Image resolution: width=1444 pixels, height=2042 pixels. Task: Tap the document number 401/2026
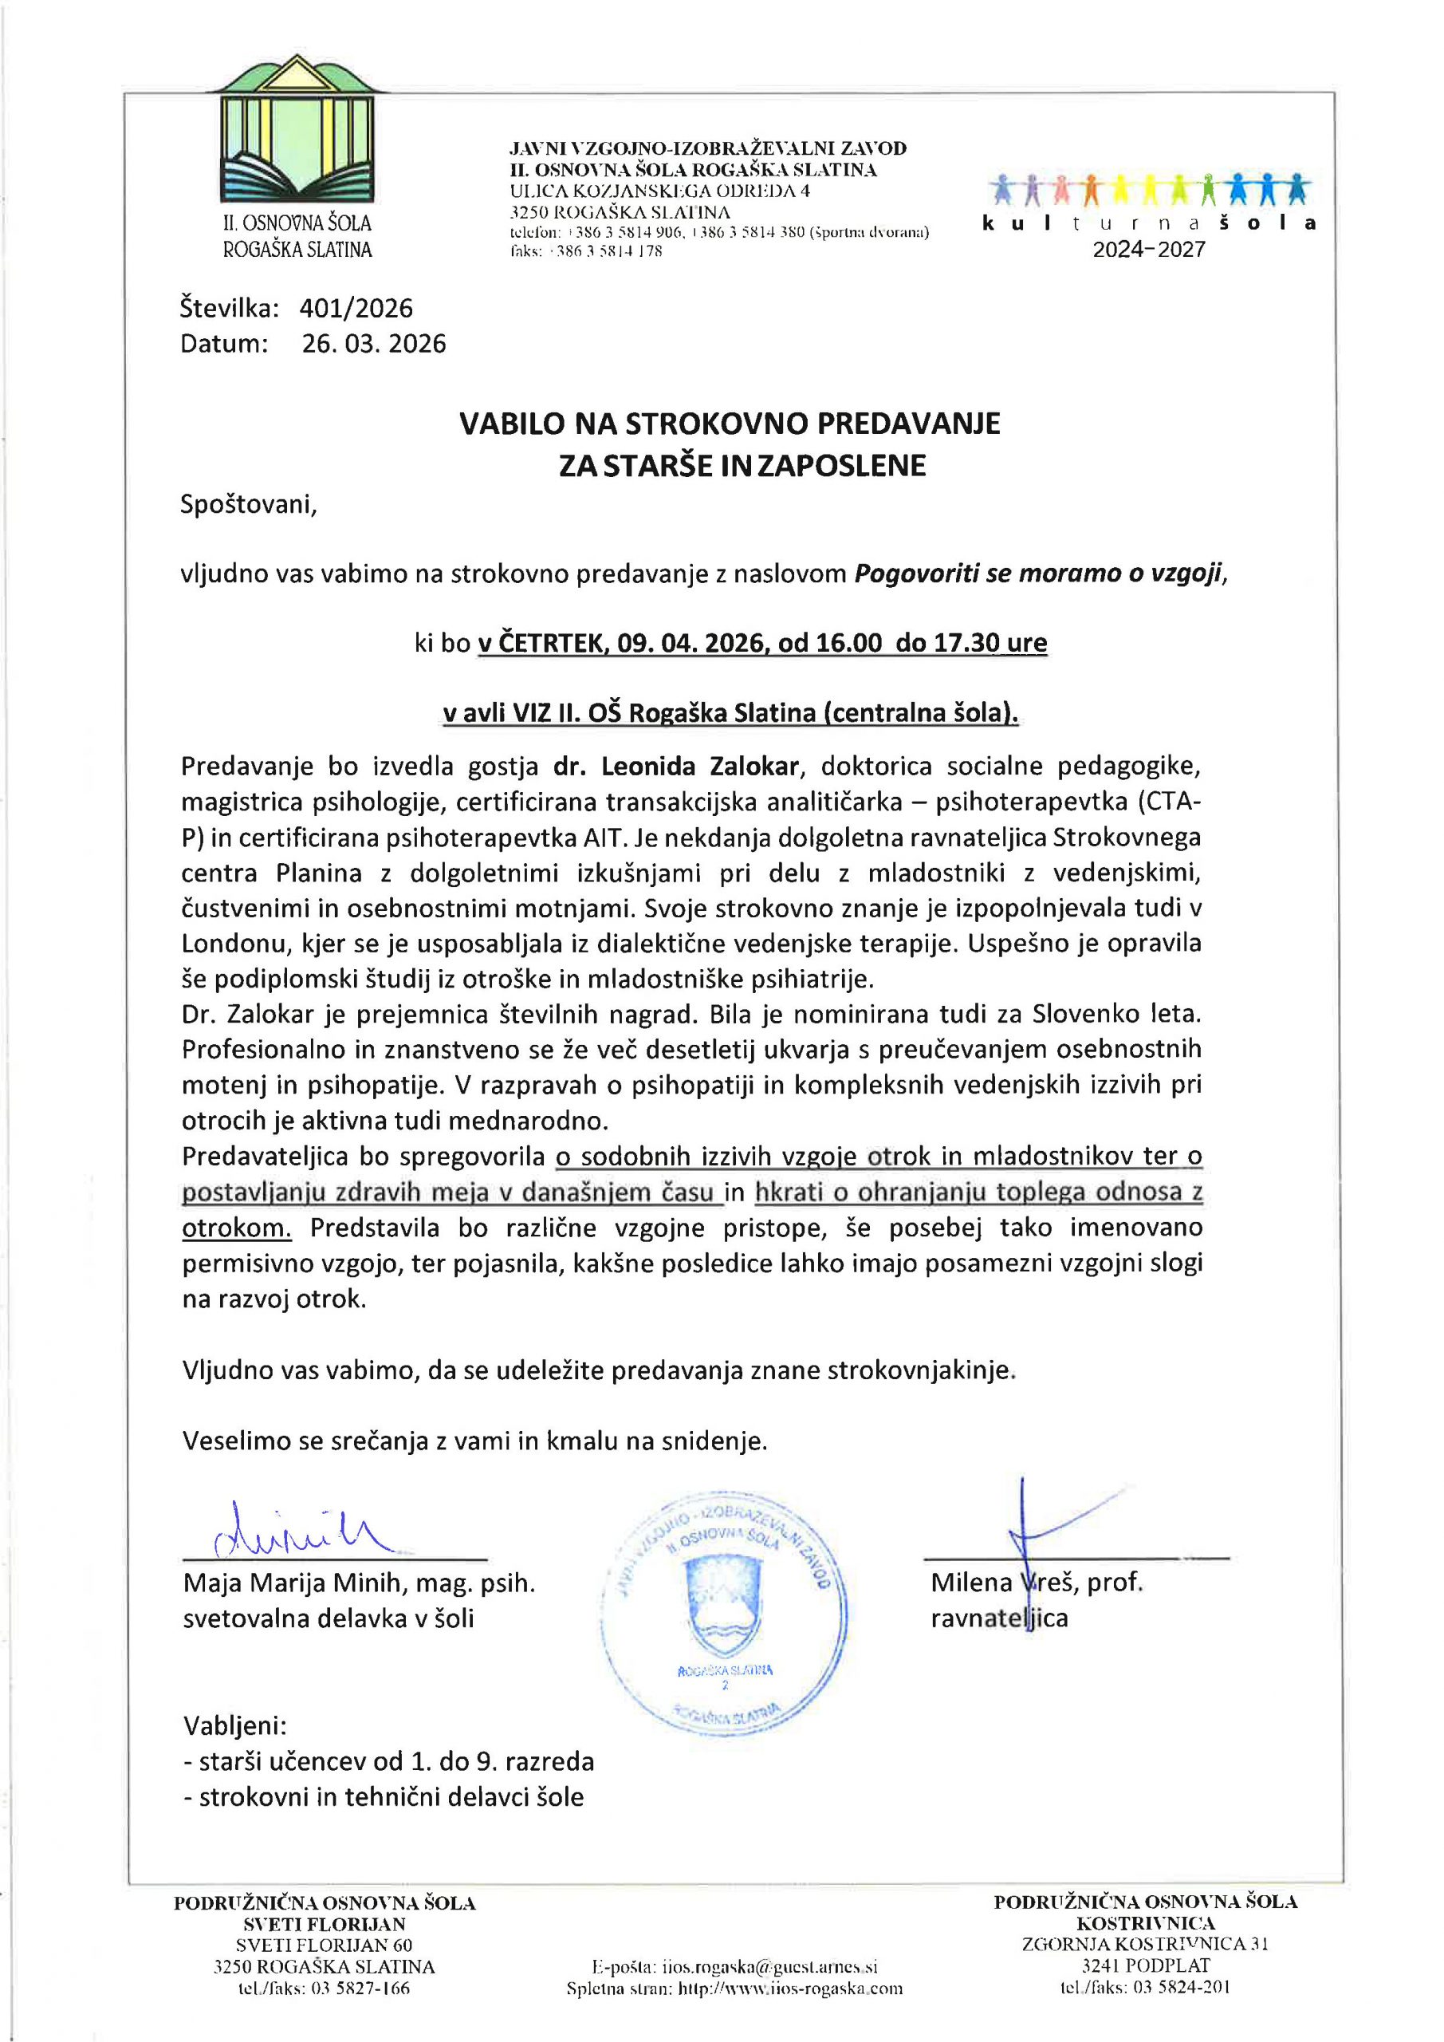click(356, 309)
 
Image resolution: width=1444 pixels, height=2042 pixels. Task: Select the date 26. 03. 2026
click(373, 344)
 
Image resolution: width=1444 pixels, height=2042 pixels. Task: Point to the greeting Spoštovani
click(247, 504)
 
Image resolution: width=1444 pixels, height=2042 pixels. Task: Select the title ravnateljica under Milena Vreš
click(998, 1618)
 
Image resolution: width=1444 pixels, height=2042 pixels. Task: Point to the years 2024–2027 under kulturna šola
click(1148, 250)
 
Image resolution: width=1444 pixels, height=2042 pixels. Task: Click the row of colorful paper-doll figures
click(1149, 189)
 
